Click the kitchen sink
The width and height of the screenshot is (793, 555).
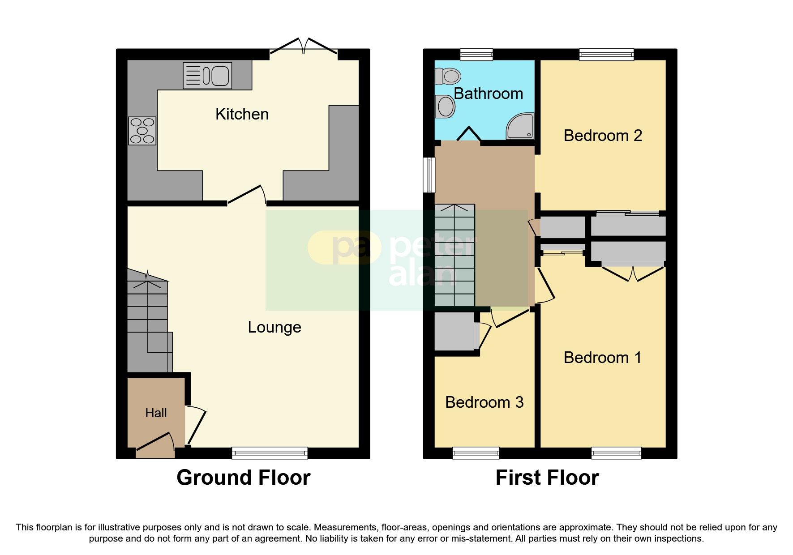207,76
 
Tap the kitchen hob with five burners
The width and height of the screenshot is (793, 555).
142,131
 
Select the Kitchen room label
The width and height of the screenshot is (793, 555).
242,114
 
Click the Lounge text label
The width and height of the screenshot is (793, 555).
274,327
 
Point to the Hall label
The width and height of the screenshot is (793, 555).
156,413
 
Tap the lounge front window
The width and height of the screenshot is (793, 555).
270,453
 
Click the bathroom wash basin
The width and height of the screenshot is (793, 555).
446,107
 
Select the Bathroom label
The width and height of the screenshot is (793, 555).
488,94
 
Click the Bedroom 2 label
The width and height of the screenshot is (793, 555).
603,136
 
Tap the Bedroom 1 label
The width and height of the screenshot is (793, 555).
602,358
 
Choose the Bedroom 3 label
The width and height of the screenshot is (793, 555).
484,402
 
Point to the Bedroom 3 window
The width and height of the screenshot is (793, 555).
476,453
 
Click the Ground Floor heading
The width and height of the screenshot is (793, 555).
243,478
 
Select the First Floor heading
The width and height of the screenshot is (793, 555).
547,478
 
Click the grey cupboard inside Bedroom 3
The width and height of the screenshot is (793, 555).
454,332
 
